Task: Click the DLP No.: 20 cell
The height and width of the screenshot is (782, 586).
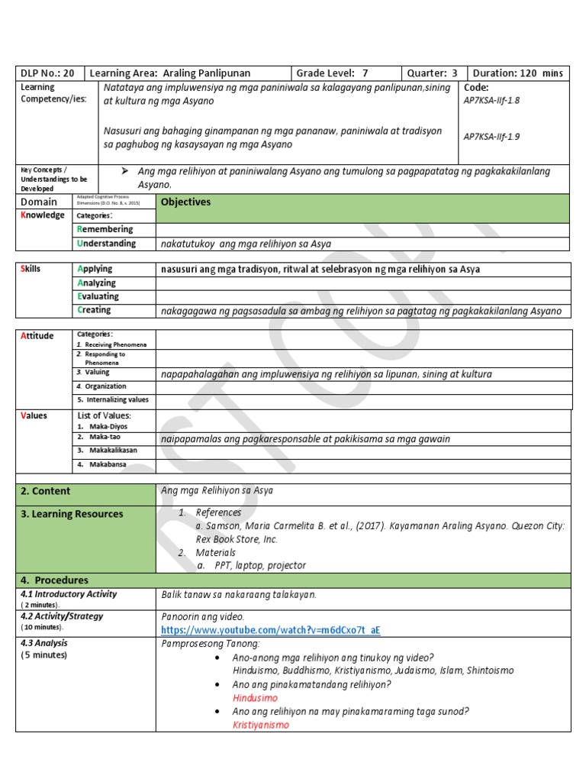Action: point(47,73)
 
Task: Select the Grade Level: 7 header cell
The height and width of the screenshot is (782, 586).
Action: point(332,73)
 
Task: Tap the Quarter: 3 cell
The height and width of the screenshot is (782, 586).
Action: point(432,73)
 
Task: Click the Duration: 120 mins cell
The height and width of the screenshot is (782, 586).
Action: point(517,73)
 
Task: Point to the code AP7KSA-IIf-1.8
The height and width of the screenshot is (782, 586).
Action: point(491,100)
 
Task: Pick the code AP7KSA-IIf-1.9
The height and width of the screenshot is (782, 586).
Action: point(491,137)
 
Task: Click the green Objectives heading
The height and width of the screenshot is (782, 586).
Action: point(185,202)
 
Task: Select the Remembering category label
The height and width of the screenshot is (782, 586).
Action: point(105,229)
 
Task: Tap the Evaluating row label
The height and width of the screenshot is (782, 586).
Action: point(98,296)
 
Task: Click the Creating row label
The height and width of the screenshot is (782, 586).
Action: point(95,310)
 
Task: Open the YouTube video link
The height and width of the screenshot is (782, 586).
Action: point(270,630)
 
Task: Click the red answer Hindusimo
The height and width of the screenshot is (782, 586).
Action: point(255,698)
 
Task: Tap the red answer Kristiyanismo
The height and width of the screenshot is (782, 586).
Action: point(261,725)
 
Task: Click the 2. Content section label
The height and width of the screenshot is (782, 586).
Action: point(46,491)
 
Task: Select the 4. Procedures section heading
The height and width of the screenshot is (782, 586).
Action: point(55,580)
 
